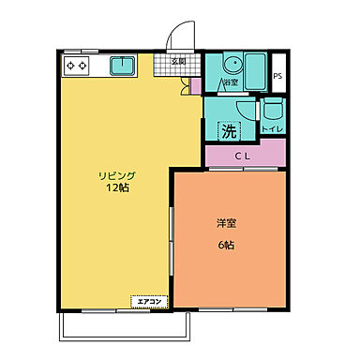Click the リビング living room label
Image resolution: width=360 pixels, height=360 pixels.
click(x=119, y=175)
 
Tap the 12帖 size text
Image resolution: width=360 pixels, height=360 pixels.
click(x=119, y=188)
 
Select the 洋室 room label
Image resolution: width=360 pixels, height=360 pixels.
click(x=226, y=223)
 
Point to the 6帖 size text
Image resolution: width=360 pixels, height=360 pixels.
click(x=226, y=245)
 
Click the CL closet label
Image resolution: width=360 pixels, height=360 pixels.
click(x=243, y=156)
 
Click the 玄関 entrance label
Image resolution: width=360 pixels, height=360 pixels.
click(x=178, y=62)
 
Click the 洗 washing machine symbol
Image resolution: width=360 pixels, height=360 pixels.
click(x=228, y=130)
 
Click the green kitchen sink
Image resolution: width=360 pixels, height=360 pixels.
click(x=123, y=66)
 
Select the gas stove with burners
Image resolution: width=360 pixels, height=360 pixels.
click(x=76, y=66)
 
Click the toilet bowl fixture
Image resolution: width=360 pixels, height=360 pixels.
click(x=270, y=110)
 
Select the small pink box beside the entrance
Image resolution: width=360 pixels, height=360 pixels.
click(x=195, y=86)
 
